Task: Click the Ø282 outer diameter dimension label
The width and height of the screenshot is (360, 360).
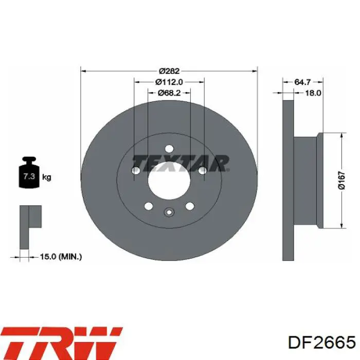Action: (x=169, y=71)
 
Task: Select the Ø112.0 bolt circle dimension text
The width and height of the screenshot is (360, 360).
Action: (x=169, y=82)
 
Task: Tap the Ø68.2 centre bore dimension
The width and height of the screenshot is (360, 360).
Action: (x=169, y=93)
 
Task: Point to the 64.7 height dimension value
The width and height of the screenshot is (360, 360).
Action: (x=302, y=82)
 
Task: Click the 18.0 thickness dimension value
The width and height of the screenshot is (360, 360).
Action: (x=313, y=93)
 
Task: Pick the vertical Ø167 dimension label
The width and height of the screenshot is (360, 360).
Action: (x=342, y=180)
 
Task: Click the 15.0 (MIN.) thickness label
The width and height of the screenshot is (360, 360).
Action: (x=61, y=257)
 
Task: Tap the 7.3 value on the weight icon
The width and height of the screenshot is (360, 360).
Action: (x=29, y=176)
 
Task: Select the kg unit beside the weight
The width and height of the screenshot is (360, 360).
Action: (x=47, y=177)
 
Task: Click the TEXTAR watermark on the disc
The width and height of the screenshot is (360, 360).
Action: (x=181, y=164)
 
